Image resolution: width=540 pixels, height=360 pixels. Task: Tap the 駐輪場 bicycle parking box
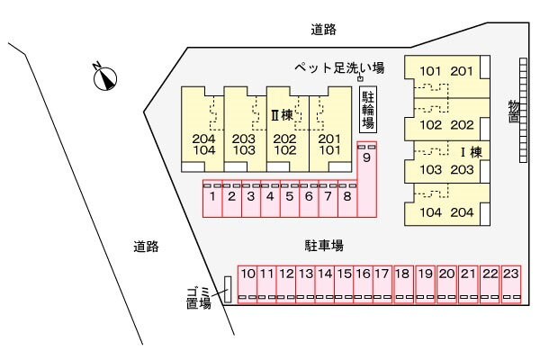[367, 110]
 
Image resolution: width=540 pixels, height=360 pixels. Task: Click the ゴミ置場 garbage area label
[198, 297]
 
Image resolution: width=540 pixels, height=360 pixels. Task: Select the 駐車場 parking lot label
[324, 245]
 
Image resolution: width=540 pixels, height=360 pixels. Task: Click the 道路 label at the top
[324, 30]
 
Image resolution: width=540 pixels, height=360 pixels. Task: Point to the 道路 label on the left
[146, 247]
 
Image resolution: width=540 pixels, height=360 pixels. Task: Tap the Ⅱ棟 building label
[283, 115]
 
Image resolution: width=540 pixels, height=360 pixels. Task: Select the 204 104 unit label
[204, 145]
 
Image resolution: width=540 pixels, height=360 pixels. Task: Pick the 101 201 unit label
[445, 71]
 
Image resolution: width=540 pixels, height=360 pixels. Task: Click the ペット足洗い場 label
[340, 67]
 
